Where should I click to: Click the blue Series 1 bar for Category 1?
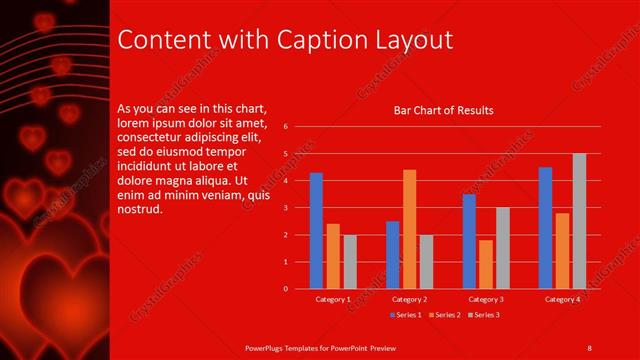(x=316, y=231)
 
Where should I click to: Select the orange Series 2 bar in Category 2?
(x=409, y=229)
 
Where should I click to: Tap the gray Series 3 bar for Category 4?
(x=579, y=221)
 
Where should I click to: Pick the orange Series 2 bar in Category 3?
(x=485, y=264)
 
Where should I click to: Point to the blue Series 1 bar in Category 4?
(x=545, y=228)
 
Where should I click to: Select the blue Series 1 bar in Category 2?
(x=393, y=255)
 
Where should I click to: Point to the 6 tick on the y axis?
(x=286, y=127)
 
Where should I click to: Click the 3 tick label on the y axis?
(x=286, y=208)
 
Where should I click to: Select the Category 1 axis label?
(x=333, y=299)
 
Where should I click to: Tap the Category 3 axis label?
(x=486, y=299)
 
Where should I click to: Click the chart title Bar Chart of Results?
(x=444, y=110)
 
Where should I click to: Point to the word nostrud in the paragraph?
(x=139, y=211)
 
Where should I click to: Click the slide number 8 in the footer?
(x=589, y=346)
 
